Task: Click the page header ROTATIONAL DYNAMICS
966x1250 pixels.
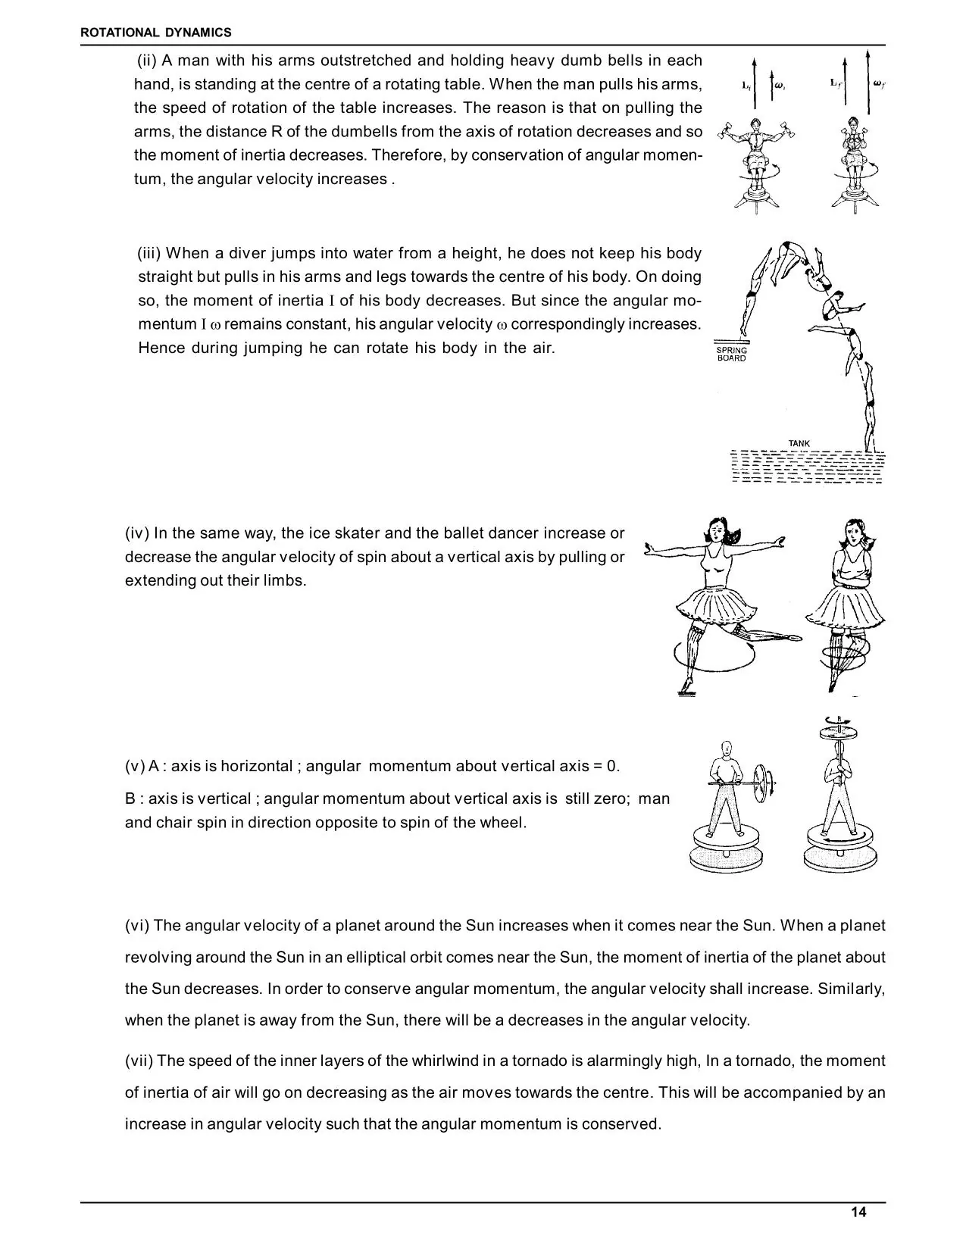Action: coord(156,33)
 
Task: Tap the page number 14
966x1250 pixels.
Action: coord(858,1211)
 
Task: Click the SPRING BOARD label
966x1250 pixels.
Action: coord(731,354)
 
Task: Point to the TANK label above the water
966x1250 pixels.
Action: coord(799,443)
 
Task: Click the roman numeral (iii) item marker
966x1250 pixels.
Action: coord(149,253)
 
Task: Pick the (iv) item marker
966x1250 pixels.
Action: coord(137,533)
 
